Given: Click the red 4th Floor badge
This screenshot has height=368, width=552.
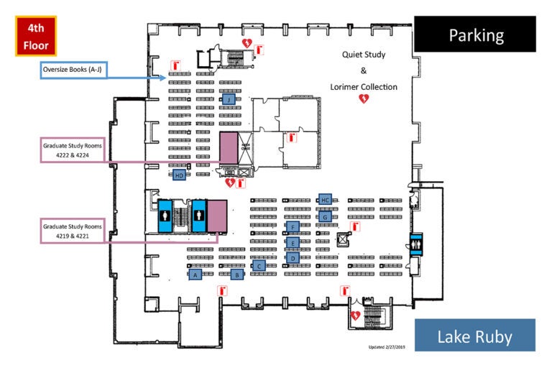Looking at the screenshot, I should coord(35,36).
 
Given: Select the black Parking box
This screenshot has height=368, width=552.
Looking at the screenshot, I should coord(475,34).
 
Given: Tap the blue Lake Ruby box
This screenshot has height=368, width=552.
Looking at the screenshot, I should coord(475,335).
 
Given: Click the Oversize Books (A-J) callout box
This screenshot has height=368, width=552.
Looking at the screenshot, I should coord(73,70).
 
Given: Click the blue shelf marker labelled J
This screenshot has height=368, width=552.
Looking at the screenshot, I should coord(229,100).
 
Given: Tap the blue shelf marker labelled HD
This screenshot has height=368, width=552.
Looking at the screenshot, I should coord(179,175).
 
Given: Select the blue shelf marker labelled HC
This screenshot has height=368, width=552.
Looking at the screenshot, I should coord(325,200).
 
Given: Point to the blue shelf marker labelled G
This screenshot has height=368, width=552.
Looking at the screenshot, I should coord(325,215).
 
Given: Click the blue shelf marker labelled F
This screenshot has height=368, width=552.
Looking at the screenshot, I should coord(293,227).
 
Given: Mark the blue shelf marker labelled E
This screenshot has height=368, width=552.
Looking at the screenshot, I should coord(293,243).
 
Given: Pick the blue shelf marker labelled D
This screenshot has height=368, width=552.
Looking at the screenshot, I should coord(293,257).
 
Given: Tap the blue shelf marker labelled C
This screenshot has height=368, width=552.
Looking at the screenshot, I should coord(259,265).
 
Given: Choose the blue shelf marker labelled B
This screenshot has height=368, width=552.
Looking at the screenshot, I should coord(236,274).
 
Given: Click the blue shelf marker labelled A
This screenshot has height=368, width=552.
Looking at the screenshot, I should coord(194,274).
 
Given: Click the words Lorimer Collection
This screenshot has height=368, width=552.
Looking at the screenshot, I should coord(364,87).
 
